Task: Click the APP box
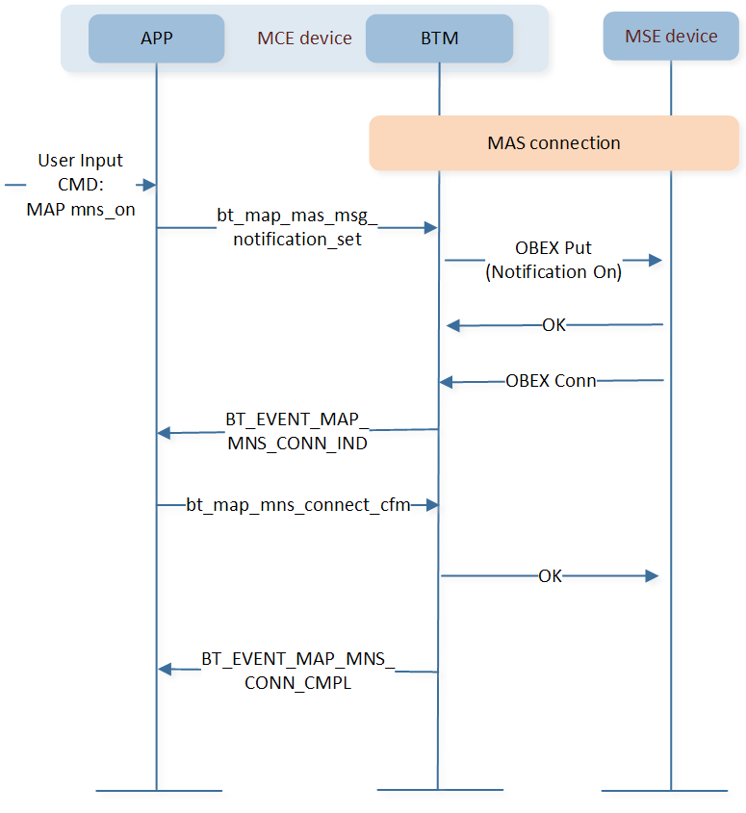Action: [156, 38]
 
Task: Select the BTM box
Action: [439, 38]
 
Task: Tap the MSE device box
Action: [671, 37]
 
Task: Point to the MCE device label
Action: [304, 38]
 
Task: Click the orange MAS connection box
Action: [554, 143]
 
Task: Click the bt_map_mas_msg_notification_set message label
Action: [297, 227]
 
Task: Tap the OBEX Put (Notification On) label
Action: [553, 260]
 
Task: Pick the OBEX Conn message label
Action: [551, 381]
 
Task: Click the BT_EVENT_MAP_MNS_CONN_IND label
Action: [297, 431]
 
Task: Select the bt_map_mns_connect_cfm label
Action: [298, 505]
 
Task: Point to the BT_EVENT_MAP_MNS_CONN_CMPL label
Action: [298, 671]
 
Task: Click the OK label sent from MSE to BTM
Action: [554, 325]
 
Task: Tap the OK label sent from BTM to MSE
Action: [550, 576]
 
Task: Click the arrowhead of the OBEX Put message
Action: [656, 260]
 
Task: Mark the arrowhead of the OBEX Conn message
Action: [446, 383]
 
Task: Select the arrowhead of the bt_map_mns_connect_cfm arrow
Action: [431, 505]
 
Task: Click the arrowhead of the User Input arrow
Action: [149, 185]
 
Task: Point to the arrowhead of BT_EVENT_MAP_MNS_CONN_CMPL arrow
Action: [165, 670]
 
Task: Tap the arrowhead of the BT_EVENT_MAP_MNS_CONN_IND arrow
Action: [165, 433]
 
